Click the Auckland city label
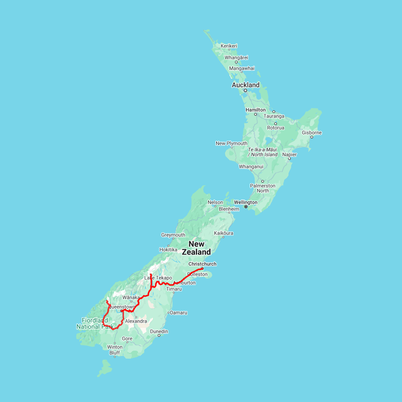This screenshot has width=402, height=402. coord(245,85)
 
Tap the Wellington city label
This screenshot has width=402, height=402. coord(245,202)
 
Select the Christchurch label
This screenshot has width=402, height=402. coord(202,264)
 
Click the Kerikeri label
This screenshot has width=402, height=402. coord(229,46)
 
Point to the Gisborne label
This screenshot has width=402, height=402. coord(312,133)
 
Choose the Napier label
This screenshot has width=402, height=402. coord(289,155)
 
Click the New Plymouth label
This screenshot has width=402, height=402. coord(231,143)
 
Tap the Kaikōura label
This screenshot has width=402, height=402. coord(224,233)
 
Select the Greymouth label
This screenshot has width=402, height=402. coord(173,235)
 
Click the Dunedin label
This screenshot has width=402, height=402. coord(159,331)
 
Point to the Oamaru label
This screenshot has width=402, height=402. coord(178,313)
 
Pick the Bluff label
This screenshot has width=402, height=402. coord(114,352)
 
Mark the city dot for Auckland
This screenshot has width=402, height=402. coord(245,91)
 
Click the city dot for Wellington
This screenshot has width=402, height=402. coord(246,207)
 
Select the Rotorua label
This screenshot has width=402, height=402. coord(276,128)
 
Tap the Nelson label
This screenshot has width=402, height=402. coord(215,202)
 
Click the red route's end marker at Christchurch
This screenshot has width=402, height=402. coord(202,268)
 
